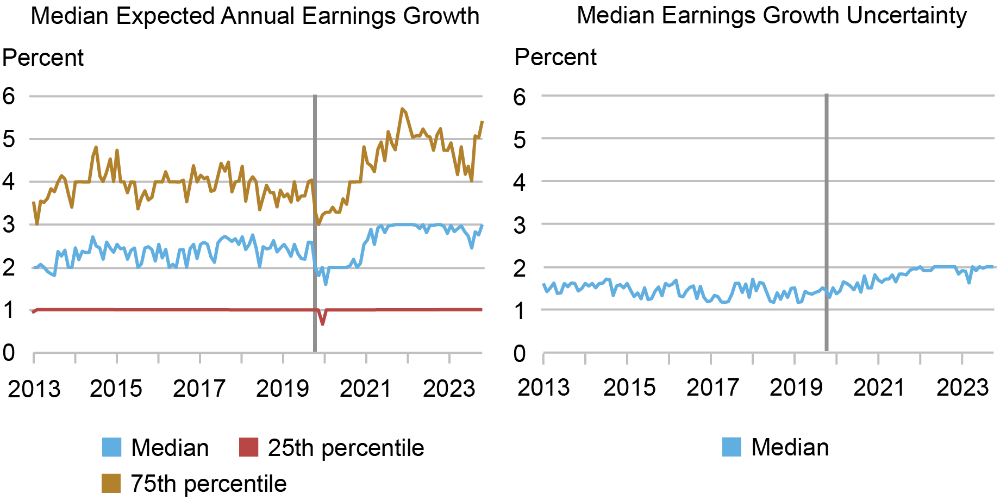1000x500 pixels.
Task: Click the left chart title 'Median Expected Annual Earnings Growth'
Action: point(255,16)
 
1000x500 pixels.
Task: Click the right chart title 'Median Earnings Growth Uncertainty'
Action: point(771,15)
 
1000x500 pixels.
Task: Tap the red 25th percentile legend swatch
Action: point(248,447)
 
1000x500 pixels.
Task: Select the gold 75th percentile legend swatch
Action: point(111,483)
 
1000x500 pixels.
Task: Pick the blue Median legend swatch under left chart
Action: point(111,447)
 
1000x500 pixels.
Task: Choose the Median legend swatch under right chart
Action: point(732,447)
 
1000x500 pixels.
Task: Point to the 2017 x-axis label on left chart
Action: point(199,389)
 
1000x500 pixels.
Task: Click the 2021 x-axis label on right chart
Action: point(879,387)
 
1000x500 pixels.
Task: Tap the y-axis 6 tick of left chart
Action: point(9,97)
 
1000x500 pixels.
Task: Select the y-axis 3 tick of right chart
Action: point(520,224)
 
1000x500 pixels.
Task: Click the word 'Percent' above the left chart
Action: point(43,58)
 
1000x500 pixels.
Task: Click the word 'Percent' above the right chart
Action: point(555,57)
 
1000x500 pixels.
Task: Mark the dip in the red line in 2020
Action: point(323,324)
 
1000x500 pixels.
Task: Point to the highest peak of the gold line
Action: point(402,109)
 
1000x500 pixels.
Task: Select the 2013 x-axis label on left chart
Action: point(34,389)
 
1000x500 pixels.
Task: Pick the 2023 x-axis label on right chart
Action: point(962,387)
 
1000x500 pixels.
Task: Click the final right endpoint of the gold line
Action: point(482,122)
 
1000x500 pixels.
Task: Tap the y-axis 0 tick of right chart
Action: point(520,353)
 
